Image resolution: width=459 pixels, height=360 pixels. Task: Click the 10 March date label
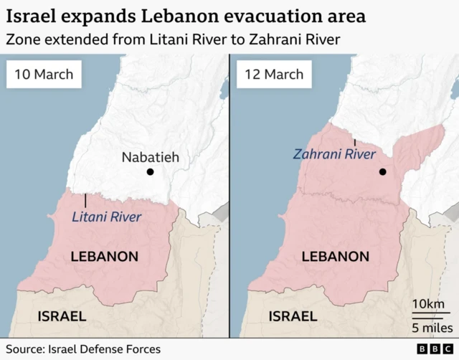[x=44, y=74]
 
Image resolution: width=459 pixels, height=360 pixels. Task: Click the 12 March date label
[x=274, y=74]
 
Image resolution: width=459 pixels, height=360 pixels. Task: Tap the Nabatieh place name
[x=150, y=157]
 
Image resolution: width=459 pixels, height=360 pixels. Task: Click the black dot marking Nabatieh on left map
[x=150, y=172]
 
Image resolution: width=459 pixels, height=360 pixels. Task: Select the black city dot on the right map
[x=383, y=172]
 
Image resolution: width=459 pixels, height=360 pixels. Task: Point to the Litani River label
[x=108, y=217]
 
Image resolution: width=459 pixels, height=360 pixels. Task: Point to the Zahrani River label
[x=334, y=154]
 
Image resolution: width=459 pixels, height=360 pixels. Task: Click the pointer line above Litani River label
[x=85, y=200]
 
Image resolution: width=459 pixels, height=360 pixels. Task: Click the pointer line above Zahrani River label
[x=354, y=143]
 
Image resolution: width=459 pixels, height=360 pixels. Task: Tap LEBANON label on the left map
[x=104, y=256]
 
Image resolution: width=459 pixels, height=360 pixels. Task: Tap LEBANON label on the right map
[x=336, y=256]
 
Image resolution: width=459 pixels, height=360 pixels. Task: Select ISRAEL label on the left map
[x=62, y=316]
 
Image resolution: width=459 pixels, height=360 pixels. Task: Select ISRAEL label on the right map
[x=293, y=316]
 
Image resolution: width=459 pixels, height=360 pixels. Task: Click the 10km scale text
[x=428, y=305]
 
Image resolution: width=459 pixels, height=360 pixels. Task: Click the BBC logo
[x=432, y=349]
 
